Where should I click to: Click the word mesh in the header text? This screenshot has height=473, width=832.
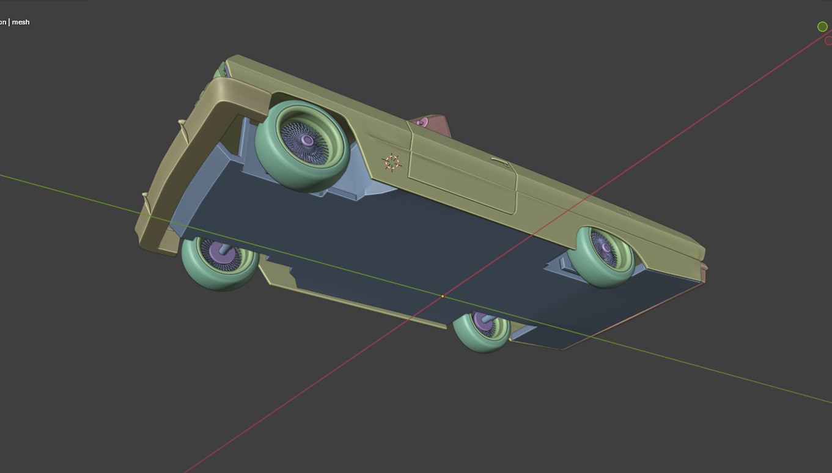[x=20, y=22]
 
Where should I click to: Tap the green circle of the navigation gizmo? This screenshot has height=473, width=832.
[x=822, y=26]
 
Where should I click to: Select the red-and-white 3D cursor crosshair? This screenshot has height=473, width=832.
[x=392, y=162]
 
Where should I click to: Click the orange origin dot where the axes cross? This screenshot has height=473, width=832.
[x=443, y=296]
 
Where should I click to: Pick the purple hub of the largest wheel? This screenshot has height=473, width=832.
[x=307, y=141]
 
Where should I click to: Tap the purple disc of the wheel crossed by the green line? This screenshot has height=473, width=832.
[x=484, y=324]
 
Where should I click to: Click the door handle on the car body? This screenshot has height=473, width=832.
[x=500, y=162]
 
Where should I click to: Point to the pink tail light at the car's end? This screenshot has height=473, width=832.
[x=704, y=271]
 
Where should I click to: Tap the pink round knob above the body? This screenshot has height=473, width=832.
[x=421, y=123]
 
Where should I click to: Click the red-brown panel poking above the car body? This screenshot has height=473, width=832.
[x=440, y=125]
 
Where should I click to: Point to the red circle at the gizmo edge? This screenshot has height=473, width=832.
[x=828, y=41]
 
